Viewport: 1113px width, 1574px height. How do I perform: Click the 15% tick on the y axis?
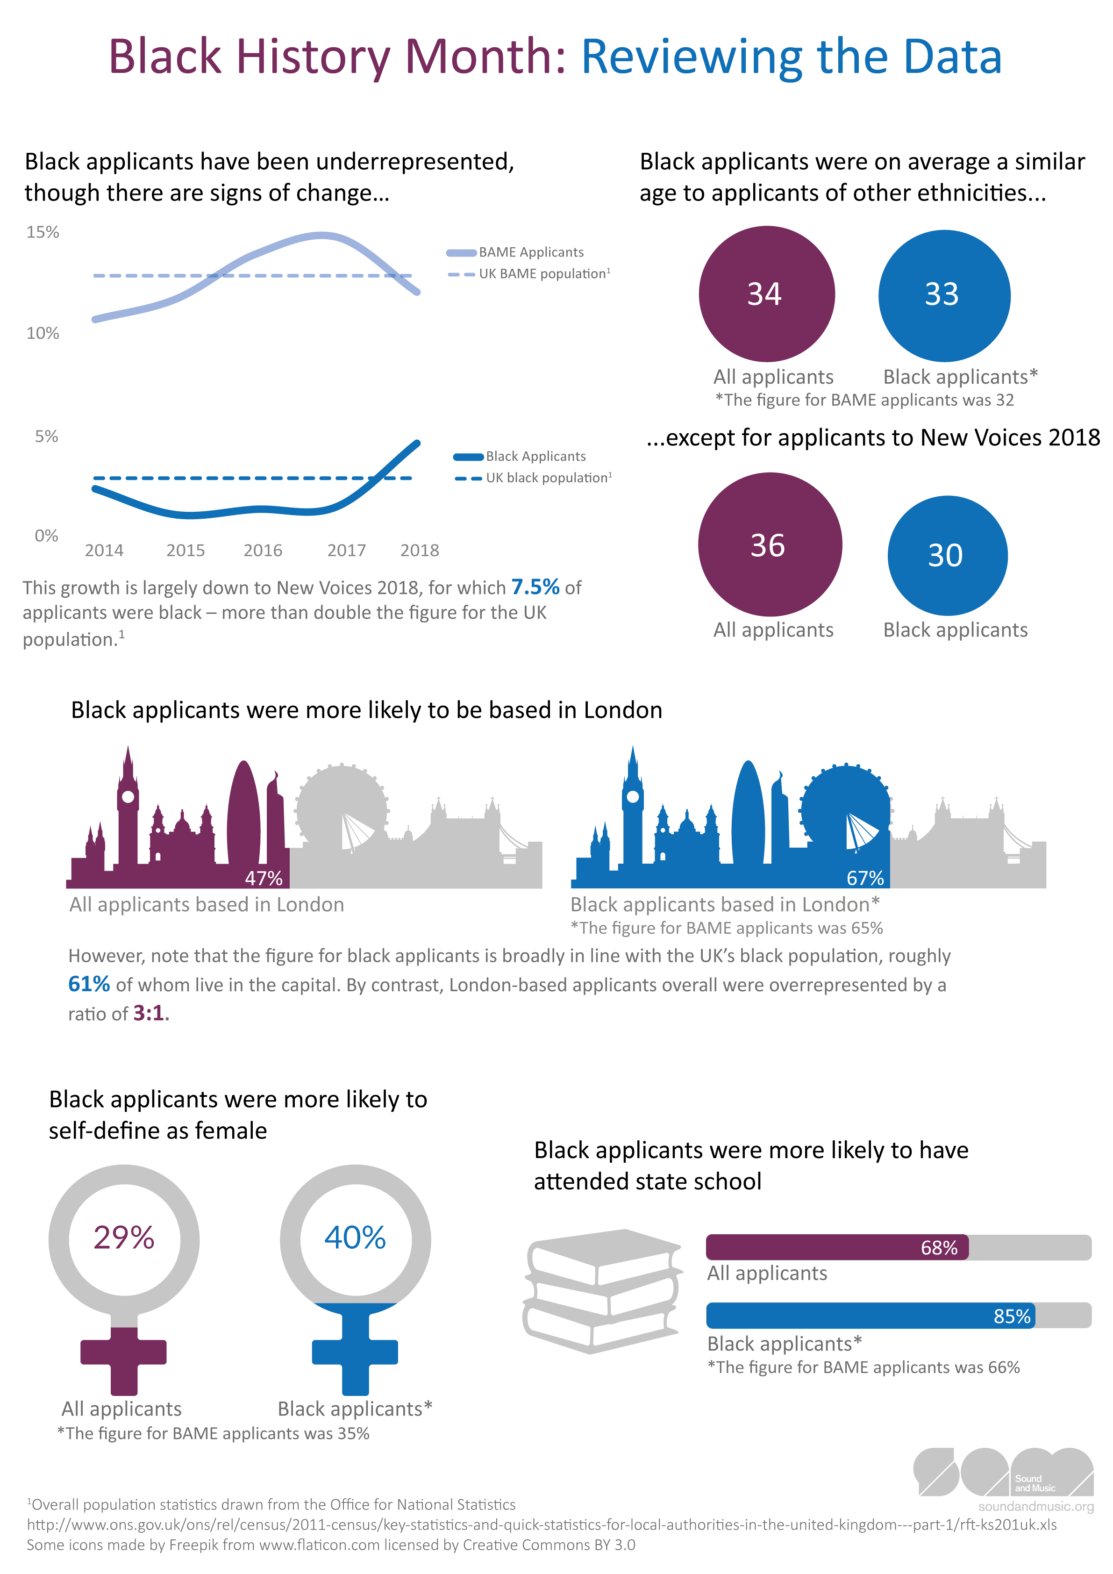pos(43,232)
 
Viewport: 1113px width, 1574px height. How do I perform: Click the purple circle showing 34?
pos(766,294)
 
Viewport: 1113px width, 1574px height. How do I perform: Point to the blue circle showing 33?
pos(944,295)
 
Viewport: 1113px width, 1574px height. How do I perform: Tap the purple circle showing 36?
pos(769,544)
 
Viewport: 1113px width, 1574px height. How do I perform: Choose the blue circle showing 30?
pos(947,555)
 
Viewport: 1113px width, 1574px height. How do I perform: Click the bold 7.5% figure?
pos(535,587)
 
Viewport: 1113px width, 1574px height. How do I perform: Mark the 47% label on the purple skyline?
pos(264,878)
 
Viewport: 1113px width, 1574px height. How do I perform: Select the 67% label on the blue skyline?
pos(865,878)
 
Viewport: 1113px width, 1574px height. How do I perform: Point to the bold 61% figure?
pos(89,984)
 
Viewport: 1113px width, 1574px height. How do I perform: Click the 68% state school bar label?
pos(939,1248)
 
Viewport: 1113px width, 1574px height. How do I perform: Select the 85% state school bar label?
pos(1012,1316)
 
